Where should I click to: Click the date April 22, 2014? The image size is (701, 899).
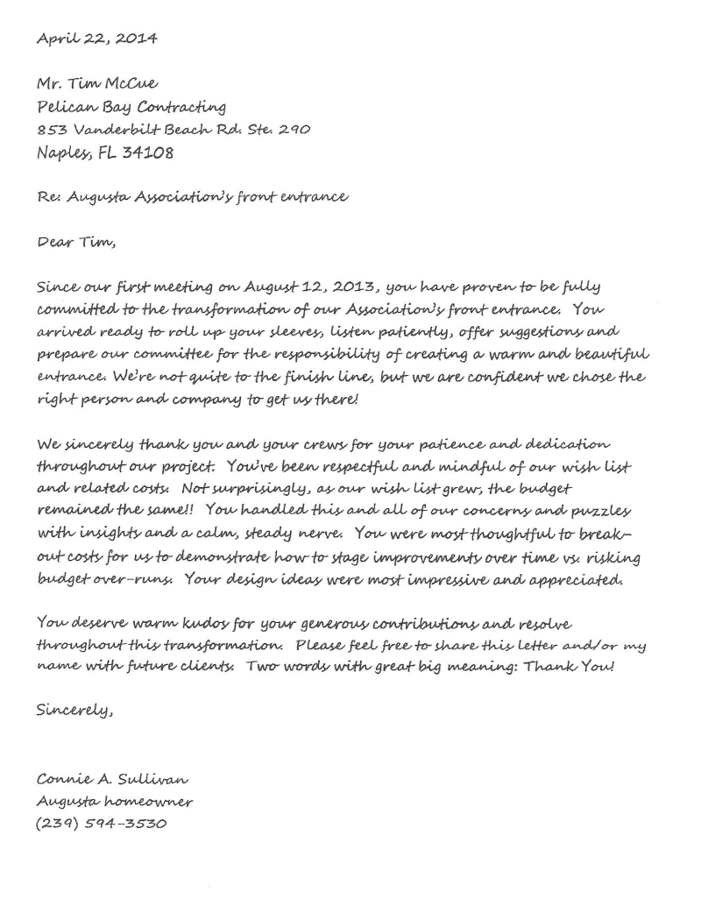click(97, 39)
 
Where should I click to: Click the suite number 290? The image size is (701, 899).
click(288, 130)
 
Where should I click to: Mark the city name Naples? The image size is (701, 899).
click(63, 153)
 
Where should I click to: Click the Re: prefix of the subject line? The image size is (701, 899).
click(48, 197)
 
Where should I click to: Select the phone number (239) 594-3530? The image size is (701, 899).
click(102, 824)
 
